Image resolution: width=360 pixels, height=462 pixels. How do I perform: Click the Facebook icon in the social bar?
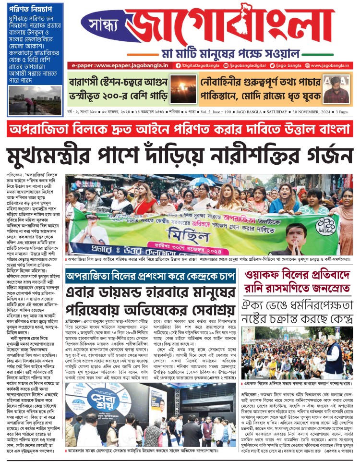179,65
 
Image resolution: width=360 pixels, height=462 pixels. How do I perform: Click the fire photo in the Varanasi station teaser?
181,89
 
